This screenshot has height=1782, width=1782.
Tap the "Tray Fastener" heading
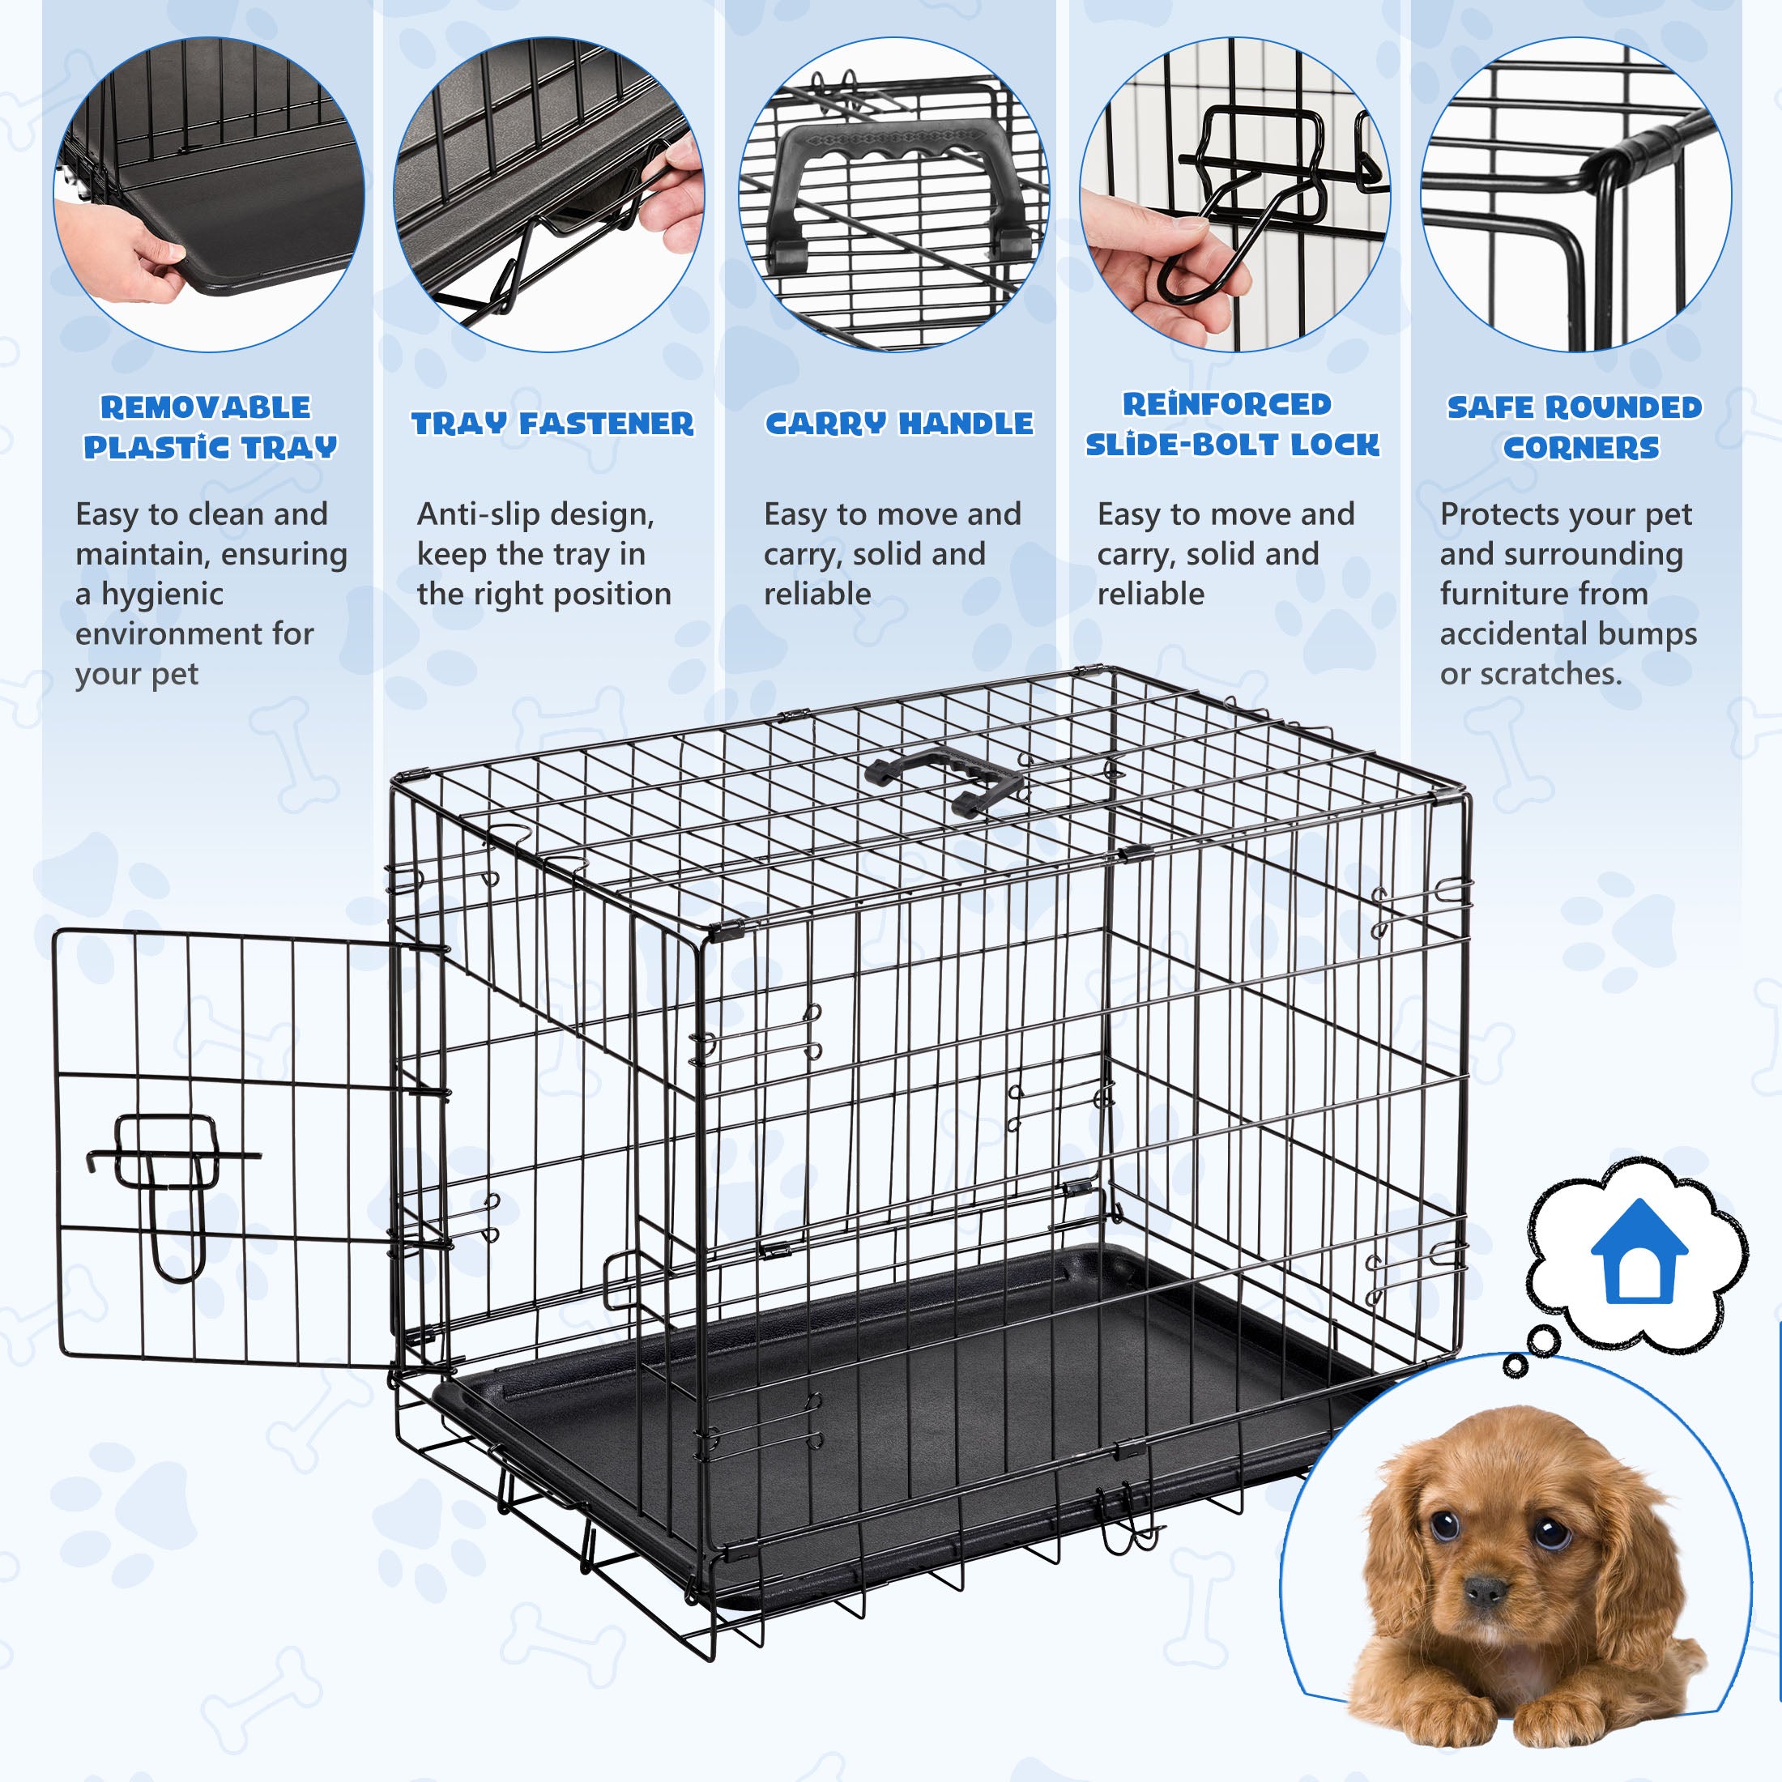point(552,424)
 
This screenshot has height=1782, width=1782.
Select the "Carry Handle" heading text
point(899,424)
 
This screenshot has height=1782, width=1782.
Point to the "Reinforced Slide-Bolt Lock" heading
point(1232,424)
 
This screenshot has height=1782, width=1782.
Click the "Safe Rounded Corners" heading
point(1575,427)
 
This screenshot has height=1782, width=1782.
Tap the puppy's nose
point(1485,1589)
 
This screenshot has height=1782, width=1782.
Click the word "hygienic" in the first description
point(162,595)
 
